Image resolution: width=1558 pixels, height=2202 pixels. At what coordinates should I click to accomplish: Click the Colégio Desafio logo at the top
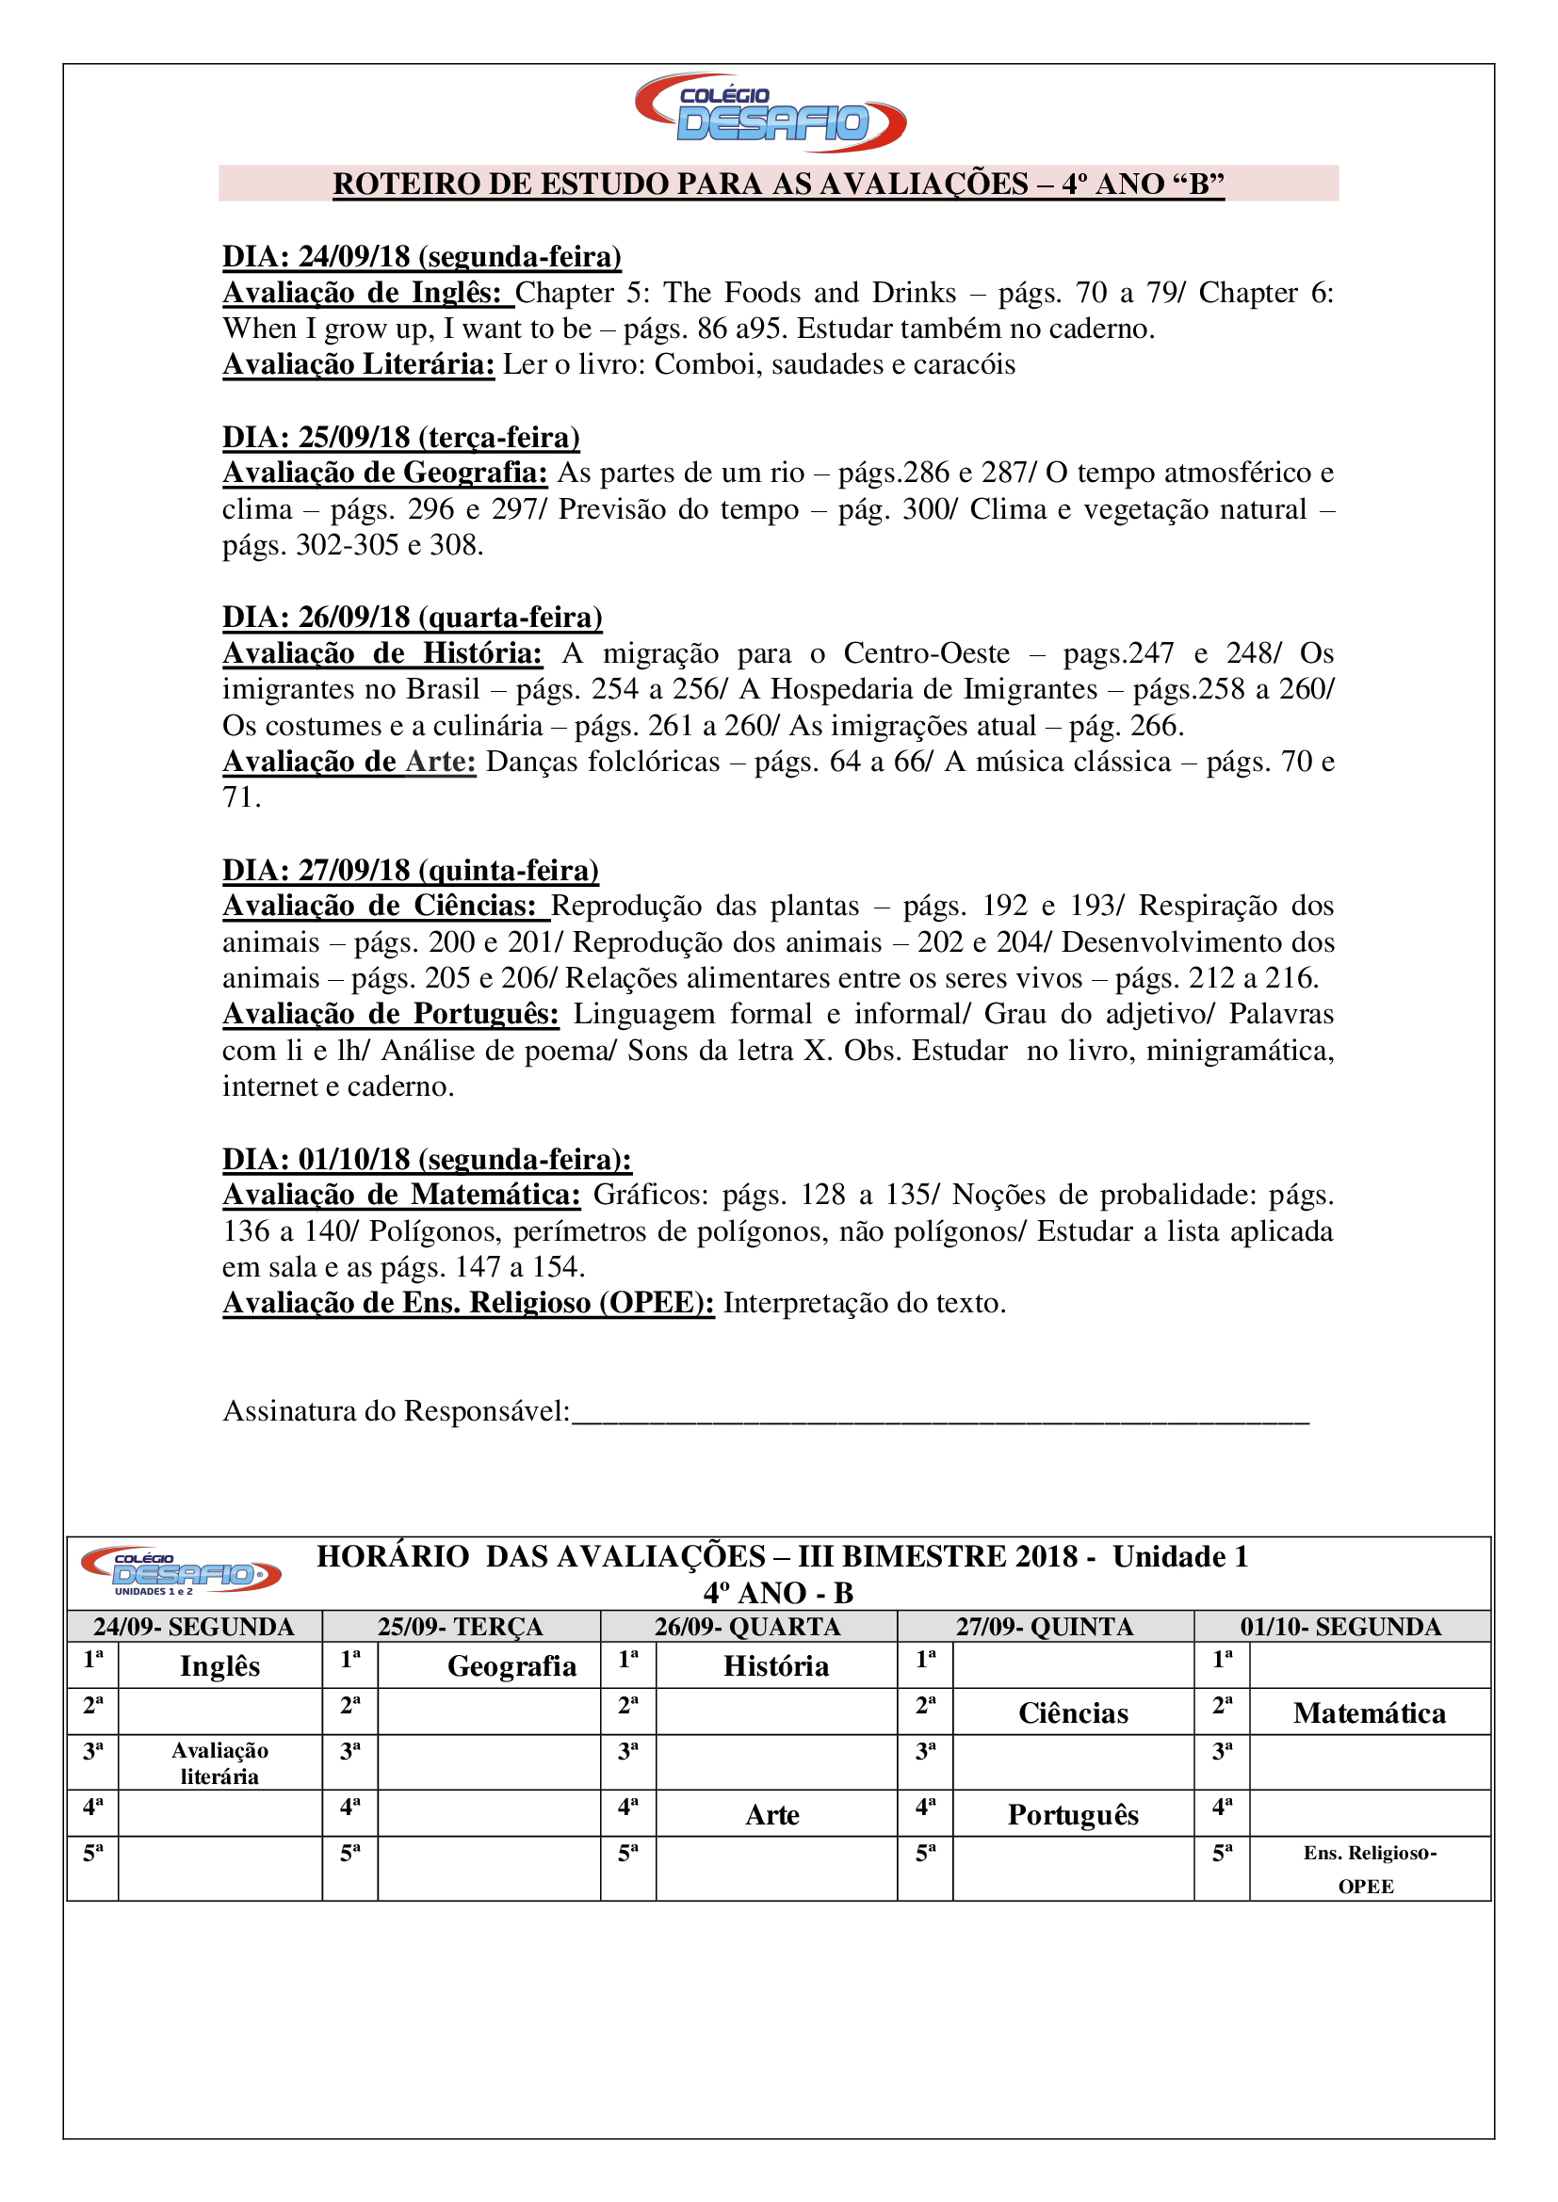[x=771, y=113]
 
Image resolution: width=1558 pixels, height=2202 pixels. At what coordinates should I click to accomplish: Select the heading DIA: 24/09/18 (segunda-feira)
[x=421, y=257]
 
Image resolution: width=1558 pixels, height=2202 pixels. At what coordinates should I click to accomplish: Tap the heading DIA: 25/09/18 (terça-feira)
[x=401, y=438]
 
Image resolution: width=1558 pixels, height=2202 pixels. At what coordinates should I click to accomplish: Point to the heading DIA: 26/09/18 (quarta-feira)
[x=412, y=618]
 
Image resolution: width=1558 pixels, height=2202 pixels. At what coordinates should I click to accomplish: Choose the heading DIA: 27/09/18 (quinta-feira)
[x=411, y=870]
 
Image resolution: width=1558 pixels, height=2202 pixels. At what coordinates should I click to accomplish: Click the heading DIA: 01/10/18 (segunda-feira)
[x=427, y=1160]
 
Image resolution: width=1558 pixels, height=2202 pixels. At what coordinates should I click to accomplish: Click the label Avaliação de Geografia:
[x=384, y=473]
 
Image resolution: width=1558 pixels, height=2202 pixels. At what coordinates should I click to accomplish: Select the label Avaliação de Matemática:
[x=401, y=1195]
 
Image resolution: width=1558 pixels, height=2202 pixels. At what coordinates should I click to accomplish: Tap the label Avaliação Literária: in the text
[x=358, y=364]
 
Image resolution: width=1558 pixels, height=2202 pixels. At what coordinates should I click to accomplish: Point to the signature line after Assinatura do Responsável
[x=940, y=1413]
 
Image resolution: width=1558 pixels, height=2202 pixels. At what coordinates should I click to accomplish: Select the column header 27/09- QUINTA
[x=1044, y=1627]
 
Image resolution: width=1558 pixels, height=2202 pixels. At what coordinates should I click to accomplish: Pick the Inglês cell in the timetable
[x=219, y=1666]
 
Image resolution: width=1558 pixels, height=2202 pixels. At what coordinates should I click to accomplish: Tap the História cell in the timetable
[x=775, y=1666]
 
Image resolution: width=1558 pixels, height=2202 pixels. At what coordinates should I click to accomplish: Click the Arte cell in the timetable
[x=772, y=1814]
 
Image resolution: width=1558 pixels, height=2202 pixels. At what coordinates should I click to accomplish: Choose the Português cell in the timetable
[x=1073, y=1814]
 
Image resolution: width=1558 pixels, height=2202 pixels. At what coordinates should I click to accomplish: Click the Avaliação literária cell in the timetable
[x=219, y=1762]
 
